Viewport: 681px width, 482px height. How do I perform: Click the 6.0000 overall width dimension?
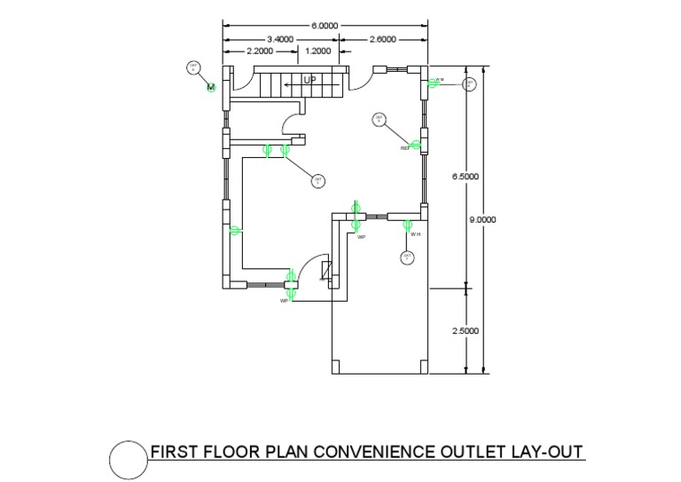click(324, 27)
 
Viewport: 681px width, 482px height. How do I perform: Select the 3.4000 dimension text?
click(280, 39)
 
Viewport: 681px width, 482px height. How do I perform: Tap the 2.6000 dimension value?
click(382, 39)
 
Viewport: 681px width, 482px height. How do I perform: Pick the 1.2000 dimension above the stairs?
click(317, 51)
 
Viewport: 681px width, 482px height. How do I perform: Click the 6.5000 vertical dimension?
click(466, 177)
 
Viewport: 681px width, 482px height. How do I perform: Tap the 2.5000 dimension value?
click(466, 331)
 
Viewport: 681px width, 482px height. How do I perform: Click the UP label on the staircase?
click(309, 81)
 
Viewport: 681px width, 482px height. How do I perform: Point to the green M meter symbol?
click(211, 87)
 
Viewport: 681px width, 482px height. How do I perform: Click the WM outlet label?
click(439, 80)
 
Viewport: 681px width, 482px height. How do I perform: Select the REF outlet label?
click(405, 148)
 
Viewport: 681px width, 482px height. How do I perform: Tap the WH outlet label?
click(415, 234)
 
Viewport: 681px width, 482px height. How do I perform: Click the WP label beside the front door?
click(285, 301)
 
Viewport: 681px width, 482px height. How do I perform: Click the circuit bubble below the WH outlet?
click(408, 257)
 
